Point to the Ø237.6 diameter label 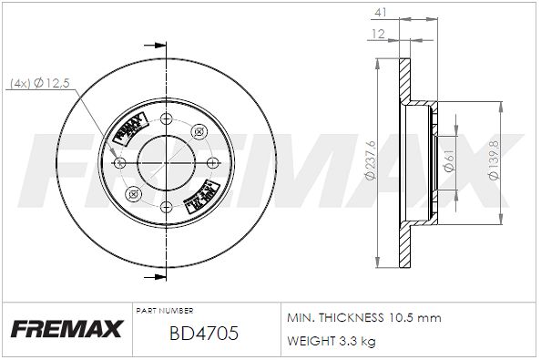coord(370,162)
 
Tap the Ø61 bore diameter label coord(447,162)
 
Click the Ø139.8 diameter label coord(493,162)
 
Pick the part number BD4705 coord(204,334)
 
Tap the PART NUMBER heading coord(163,311)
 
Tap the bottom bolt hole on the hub coord(166,207)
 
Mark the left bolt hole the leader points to coord(121,162)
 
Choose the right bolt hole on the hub coord(209,162)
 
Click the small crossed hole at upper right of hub coord(200,133)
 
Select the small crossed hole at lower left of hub coord(131,192)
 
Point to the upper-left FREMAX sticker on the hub coord(128,132)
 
